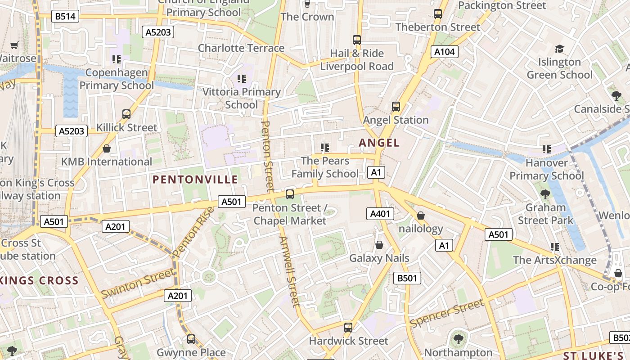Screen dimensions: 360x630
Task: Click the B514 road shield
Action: coord(65,17)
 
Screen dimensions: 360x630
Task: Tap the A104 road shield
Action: coord(445,52)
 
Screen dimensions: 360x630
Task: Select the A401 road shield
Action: coord(380,214)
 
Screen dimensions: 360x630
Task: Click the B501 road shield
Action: coord(407,278)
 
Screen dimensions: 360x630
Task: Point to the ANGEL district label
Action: coord(379,143)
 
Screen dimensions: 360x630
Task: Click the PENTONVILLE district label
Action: coord(195,180)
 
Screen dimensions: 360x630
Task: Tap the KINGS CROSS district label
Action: coord(39,281)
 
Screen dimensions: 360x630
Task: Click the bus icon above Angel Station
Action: coord(396,107)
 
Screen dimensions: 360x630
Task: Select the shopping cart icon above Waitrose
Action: coord(14,45)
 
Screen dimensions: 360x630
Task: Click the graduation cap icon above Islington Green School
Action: coord(559,48)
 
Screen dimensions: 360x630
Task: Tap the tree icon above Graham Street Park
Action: coord(545,194)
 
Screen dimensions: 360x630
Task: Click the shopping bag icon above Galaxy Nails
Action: coord(379,245)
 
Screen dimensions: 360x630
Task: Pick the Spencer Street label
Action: coord(446,313)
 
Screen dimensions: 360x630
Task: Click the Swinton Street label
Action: coord(137,283)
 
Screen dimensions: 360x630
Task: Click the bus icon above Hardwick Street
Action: coord(348,327)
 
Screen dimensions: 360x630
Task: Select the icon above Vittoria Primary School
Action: coord(242,79)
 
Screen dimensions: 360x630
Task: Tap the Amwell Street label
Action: coord(289,272)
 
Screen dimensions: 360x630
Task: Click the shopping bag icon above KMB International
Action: coord(107,148)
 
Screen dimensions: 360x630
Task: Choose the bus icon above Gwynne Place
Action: coord(191,339)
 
